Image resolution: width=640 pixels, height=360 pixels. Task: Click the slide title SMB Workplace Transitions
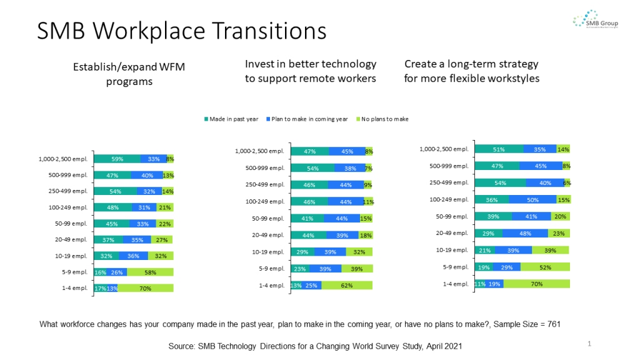pos(181,31)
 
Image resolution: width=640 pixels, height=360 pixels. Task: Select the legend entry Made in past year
pos(231,119)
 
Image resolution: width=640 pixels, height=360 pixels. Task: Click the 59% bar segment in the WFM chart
pos(117,159)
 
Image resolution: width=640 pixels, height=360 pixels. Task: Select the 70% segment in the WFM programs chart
pos(145,288)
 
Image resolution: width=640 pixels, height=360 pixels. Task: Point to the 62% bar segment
pos(346,285)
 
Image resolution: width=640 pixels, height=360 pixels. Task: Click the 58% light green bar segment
pos(150,272)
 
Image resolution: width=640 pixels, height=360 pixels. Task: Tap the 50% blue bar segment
pos(532,199)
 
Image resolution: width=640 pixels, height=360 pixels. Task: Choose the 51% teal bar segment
pos(499,149)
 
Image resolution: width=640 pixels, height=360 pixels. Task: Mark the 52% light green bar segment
pos(544,267)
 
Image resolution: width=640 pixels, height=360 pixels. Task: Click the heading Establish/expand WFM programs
pos(129,74)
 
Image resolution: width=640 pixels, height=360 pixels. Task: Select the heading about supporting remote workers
pos(311,71)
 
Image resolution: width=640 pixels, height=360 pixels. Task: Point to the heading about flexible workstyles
pos(471,71)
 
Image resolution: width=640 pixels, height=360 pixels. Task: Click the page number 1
pos(589,344)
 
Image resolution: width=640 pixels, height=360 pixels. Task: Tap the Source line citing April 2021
pos(316,346)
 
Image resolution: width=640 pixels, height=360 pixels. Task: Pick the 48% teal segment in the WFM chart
pos(112,207)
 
